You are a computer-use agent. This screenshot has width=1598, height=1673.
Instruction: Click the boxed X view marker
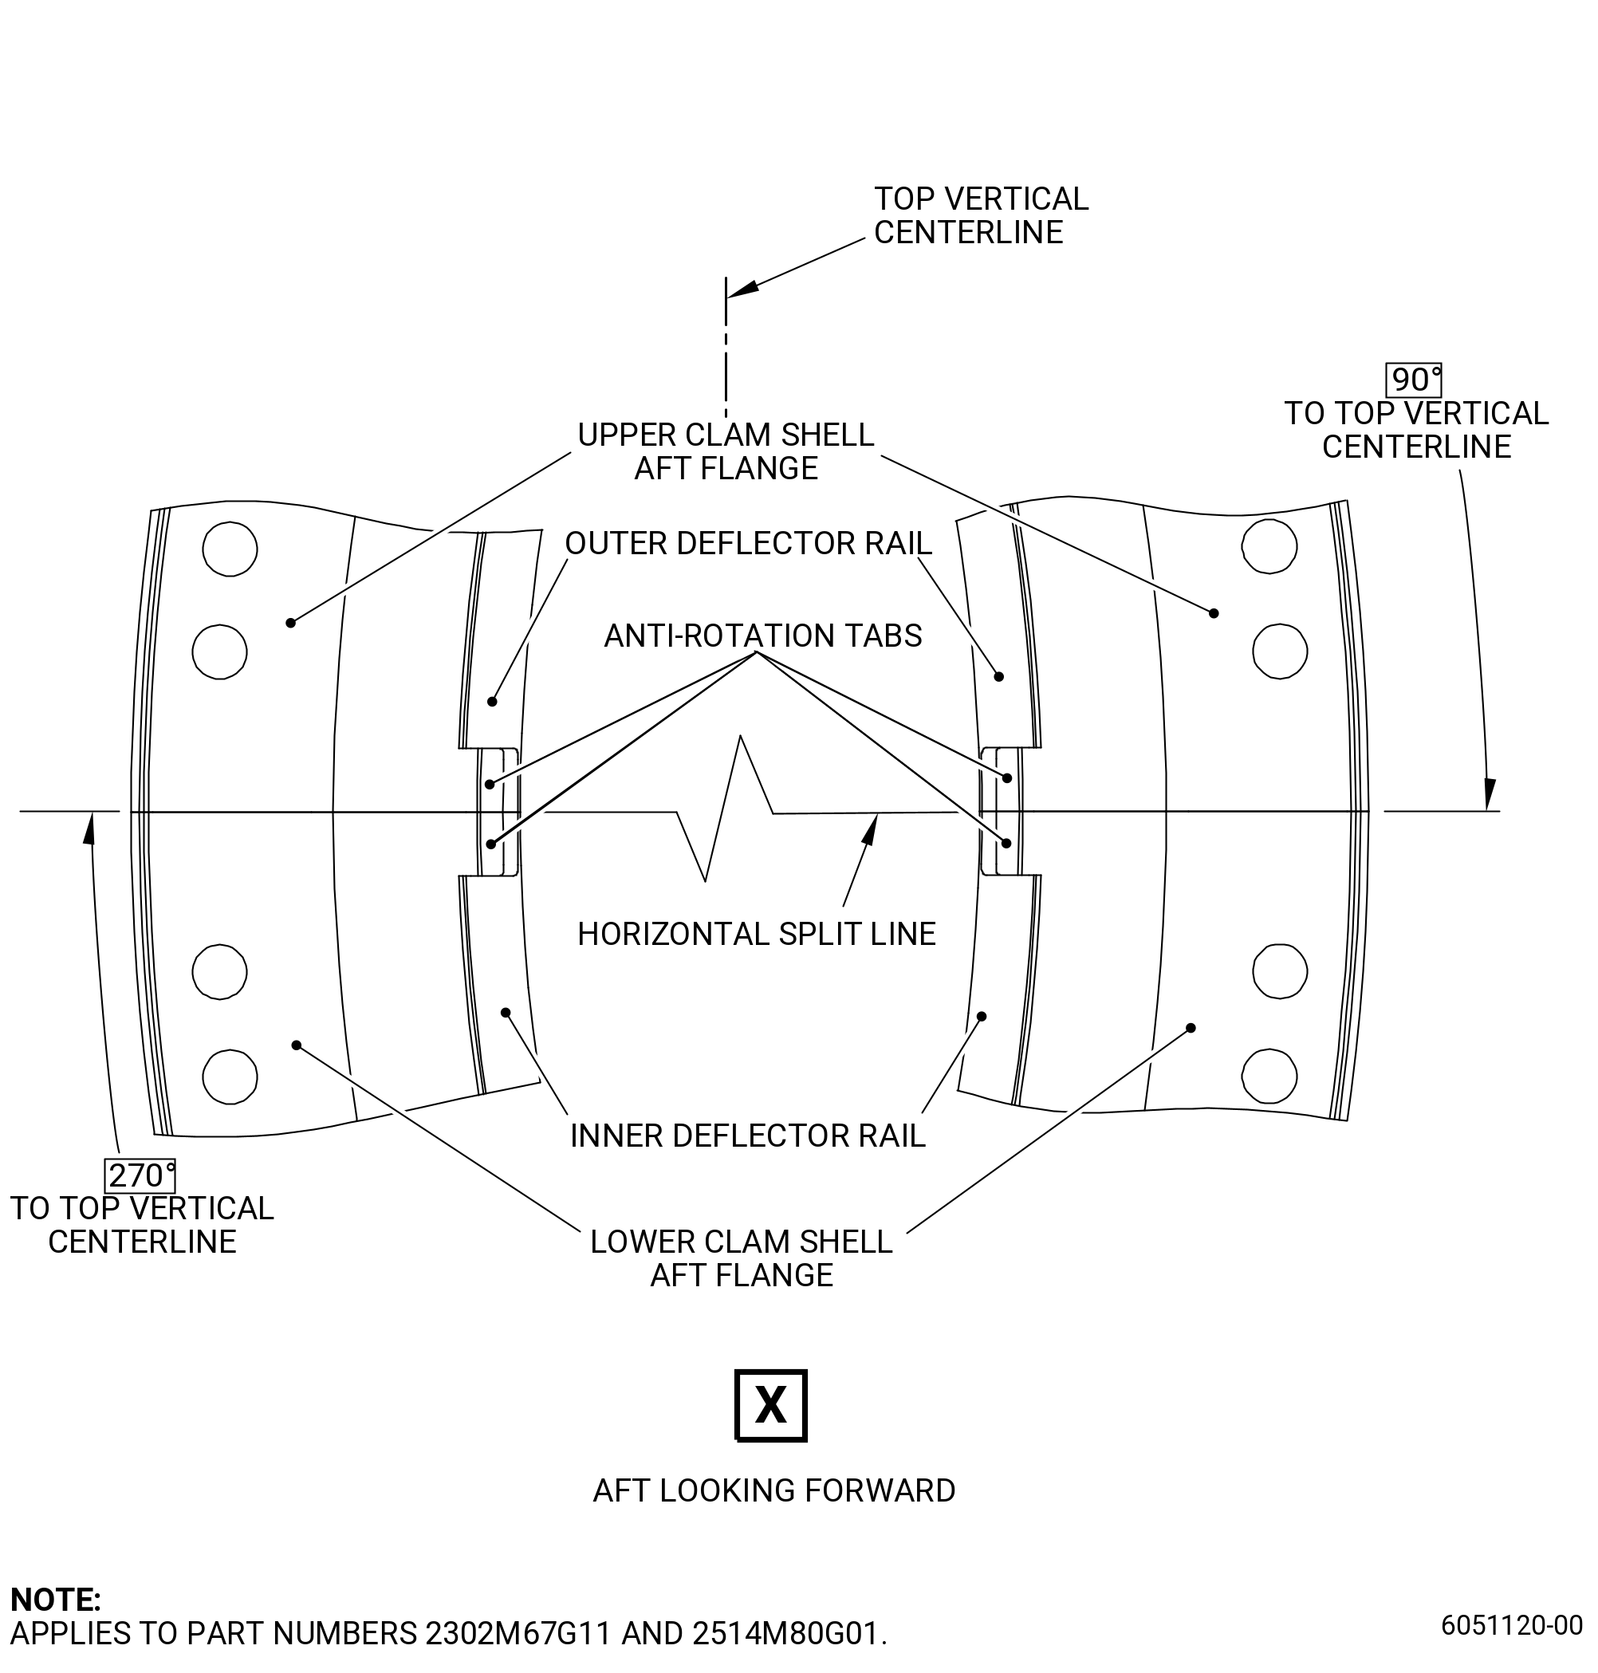(770, 1405)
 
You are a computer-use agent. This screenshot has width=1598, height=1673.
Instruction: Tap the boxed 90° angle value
(1414, 379)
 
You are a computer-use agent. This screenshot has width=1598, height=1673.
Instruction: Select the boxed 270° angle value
(140, 1175)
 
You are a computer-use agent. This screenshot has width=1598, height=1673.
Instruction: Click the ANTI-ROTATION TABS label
(762, 636)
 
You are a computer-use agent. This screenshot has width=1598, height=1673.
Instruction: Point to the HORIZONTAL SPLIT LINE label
(757, 934)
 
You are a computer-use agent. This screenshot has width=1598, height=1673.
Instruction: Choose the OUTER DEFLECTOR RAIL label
(748, 542)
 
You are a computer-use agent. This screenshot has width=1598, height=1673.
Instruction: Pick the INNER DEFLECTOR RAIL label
(747, 1136)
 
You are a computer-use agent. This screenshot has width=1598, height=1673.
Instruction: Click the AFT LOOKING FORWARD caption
(773, 1490)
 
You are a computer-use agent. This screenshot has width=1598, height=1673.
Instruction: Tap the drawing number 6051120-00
(1511, 1625)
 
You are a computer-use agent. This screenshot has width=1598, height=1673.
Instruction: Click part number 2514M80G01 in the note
(785, 1633)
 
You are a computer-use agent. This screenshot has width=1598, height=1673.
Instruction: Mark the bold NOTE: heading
(55, 1599)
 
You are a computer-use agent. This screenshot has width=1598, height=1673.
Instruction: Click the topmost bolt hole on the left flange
(230, 549)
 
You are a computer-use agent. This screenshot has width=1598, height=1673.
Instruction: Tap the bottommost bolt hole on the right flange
(1269, 1076)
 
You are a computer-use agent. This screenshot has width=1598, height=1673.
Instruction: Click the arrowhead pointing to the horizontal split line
(871, 829)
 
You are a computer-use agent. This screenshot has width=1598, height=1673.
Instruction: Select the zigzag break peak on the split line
(740, 736)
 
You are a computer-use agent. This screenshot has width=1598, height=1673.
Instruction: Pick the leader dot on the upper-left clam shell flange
(290, 623)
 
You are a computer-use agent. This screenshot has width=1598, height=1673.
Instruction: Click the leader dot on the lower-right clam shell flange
(1191, 1028)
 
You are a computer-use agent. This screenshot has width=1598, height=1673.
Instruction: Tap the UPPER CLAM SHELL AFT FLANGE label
(726, 451)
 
